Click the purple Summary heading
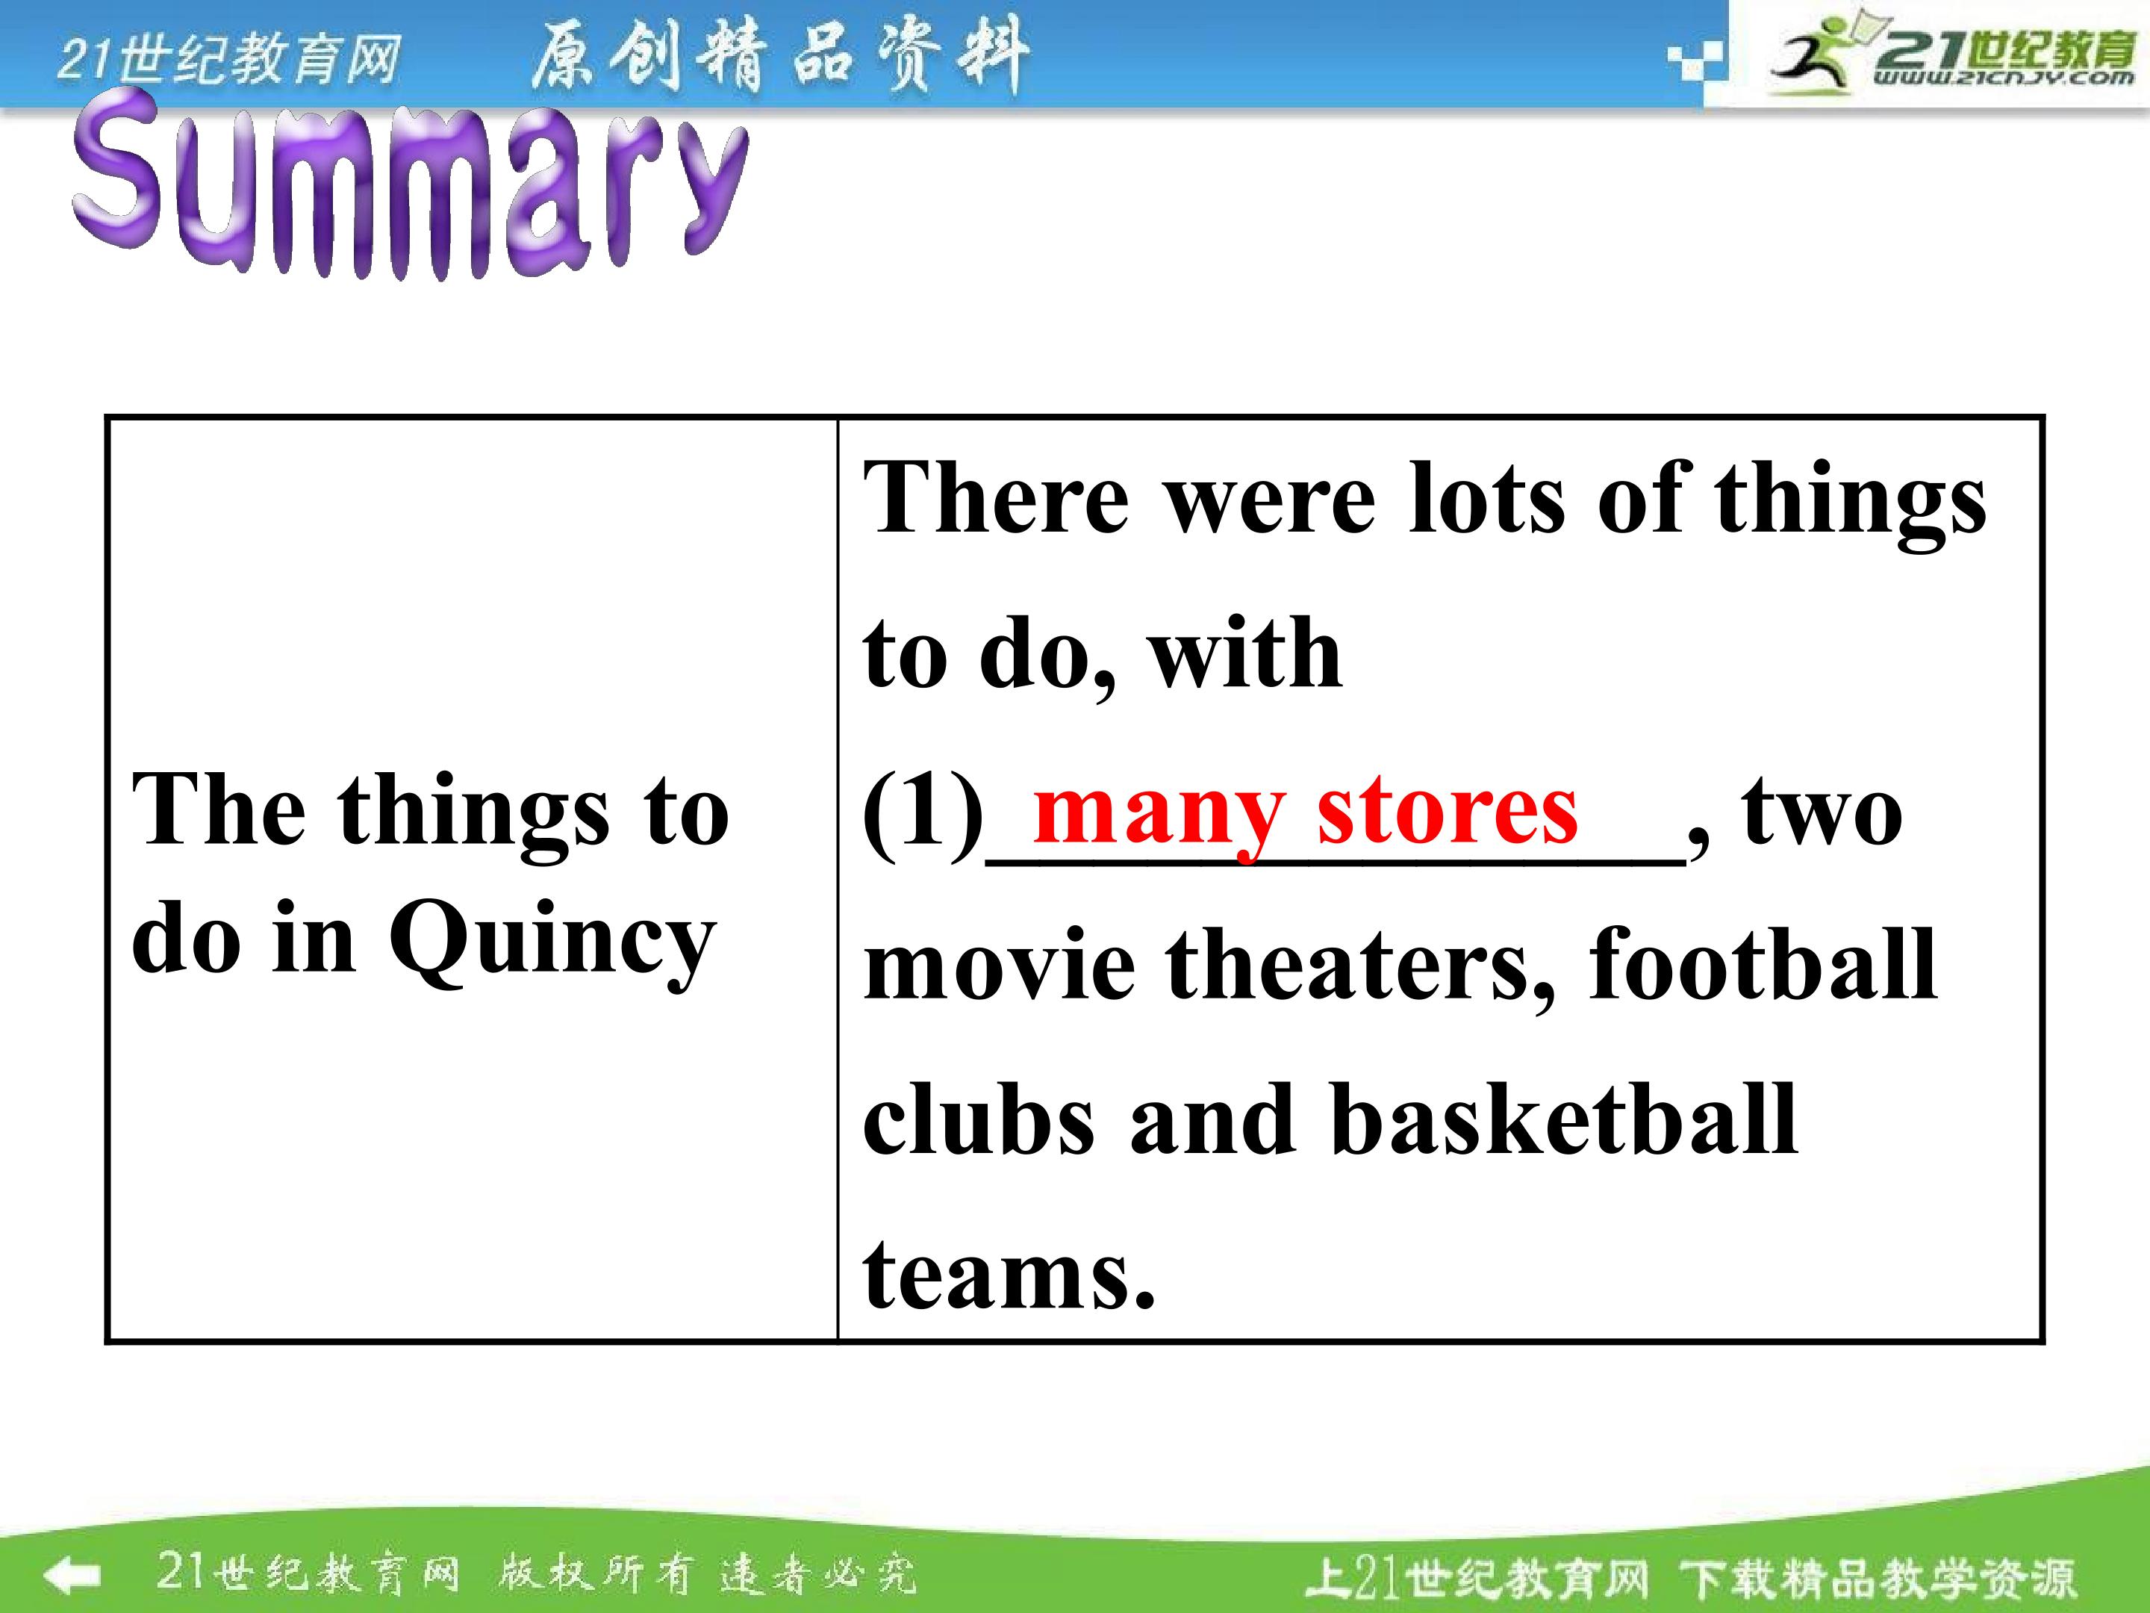click(410, 184)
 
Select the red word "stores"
click(1448, 811)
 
